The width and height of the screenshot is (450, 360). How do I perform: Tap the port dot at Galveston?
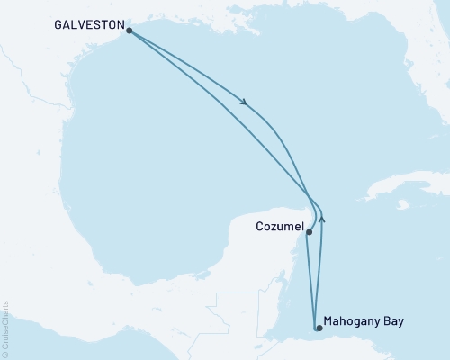coord(130,31)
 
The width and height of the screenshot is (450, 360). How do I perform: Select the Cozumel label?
coord(279,229)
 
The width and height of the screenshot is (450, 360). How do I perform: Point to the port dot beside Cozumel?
coord(309,232)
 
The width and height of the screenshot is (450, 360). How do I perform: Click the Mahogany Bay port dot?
coord(318,328)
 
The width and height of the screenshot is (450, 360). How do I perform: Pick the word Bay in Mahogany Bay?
coord(395,320)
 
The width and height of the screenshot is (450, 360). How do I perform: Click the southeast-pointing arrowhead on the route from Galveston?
coord(244,101)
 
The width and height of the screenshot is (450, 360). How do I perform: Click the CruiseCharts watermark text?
coord(5,325)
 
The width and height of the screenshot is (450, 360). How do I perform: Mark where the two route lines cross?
coord(310,197)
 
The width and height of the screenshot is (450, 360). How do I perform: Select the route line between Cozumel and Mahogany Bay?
coord(312,279)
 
